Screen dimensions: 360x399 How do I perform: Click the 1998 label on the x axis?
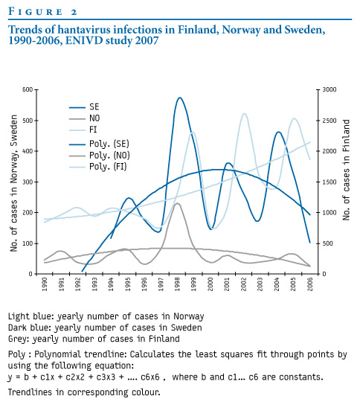[x=178, y=284]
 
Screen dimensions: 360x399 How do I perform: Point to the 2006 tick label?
[x=310, y=284]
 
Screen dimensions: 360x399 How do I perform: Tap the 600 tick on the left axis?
[x=28, y=89]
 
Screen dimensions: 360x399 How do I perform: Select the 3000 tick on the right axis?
[x=330, y=89]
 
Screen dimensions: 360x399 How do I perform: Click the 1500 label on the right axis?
[x=330, y=182]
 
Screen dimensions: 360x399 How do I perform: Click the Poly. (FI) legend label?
[x=108, y=167]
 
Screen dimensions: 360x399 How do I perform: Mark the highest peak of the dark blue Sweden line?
[x=180, y=98]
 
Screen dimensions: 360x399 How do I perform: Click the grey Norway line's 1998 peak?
[x=178, y=203]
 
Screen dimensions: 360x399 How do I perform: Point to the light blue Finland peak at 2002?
[x=244, y=113]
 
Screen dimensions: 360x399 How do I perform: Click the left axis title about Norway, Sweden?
[x=13, y=183]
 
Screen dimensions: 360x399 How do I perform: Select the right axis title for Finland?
[x=346, y=170]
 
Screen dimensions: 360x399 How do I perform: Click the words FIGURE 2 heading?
[x=42, y=12]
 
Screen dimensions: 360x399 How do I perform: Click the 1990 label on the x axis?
[x=45, y=284]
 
